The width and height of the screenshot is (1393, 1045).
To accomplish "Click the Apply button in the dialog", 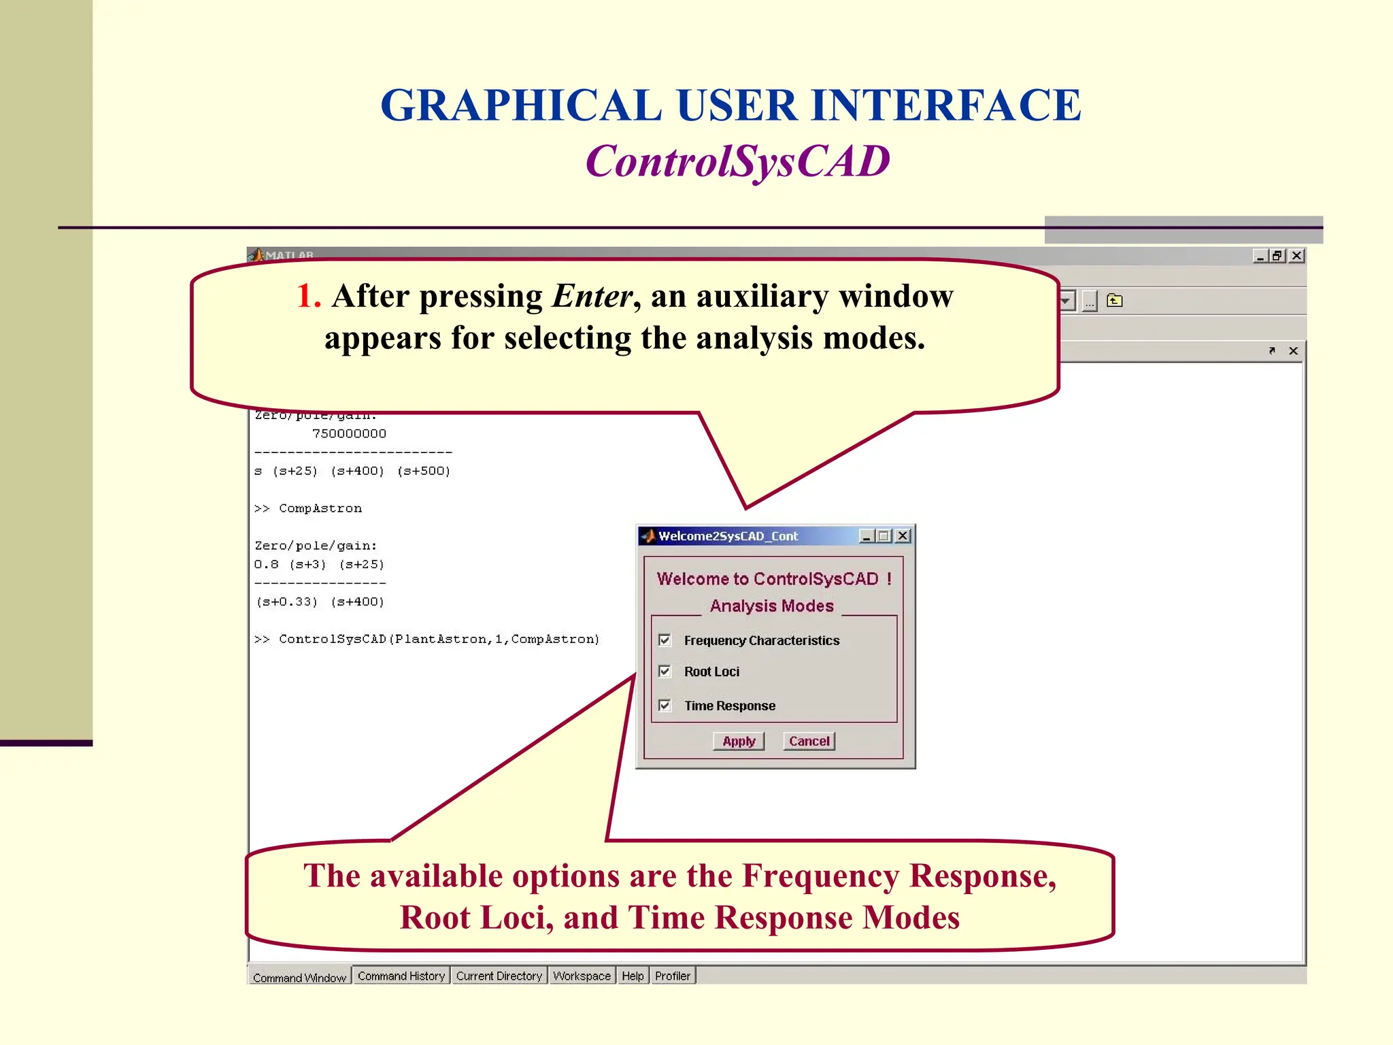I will click(739, 741).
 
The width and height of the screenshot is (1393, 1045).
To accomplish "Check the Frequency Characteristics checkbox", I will click(665, 640).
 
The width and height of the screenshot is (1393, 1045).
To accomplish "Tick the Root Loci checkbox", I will click(665, 671).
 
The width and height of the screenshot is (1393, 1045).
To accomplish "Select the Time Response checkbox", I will click(665, 706).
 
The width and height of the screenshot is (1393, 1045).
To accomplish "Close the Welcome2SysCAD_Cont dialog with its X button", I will click(903, 536).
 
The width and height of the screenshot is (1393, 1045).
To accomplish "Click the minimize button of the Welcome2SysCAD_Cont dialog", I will click(866, 536).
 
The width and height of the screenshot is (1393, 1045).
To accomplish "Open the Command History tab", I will click(401, 976).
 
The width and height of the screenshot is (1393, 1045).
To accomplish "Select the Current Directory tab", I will click(499, 976).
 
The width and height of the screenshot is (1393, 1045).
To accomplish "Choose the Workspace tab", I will click(582, 976).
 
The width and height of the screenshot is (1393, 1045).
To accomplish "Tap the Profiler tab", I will click(672, 976).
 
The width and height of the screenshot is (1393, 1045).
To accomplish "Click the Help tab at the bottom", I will click(633, 976).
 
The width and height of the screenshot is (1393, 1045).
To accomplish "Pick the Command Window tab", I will click(299, 977).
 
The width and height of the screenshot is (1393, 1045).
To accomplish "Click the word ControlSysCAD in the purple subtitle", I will click(737, 162).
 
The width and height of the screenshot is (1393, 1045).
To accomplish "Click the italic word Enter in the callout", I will click(592, 296).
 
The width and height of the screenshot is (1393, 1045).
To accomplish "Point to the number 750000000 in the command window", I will click(349, 433).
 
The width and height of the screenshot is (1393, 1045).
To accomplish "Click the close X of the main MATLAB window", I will click(1296, 256).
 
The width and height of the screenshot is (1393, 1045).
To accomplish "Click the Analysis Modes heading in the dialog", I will click(771, 606).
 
